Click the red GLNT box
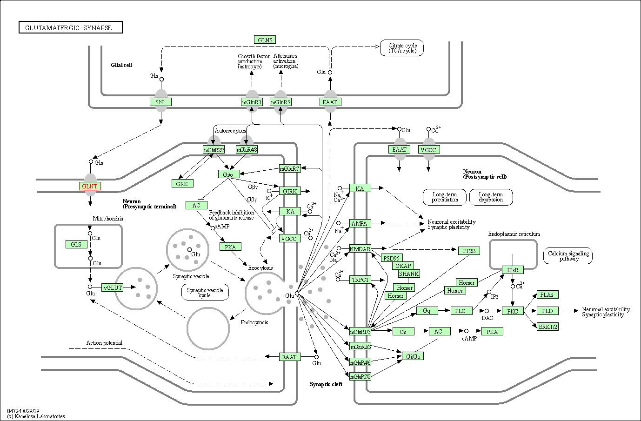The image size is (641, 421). tap(90, 187)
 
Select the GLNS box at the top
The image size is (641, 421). tap(265, 40)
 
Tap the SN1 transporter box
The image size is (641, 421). tap(160, 102)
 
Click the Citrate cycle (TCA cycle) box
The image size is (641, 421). tap(402, 48)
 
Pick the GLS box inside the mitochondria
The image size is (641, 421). tap(76, 244)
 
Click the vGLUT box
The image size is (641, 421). tap(113, 287)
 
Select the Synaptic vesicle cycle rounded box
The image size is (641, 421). tap(205, 292)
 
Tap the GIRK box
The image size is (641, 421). tap(290, 191)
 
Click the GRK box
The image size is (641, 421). tap(182, 183)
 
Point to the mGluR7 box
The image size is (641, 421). tap(290, 168)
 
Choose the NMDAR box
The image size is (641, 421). tap(360, 249)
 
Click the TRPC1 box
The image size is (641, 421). tap(360, 280)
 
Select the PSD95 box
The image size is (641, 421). tap(392, 258)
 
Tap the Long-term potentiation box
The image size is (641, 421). tap(445, 197)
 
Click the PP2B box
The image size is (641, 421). tap(469, 251)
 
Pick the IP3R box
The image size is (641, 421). tap(513, 270)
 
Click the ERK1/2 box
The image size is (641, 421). tap(548, 327)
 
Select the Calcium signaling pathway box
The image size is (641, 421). tap(568, 256)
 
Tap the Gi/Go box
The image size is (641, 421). tap(413, 356)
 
